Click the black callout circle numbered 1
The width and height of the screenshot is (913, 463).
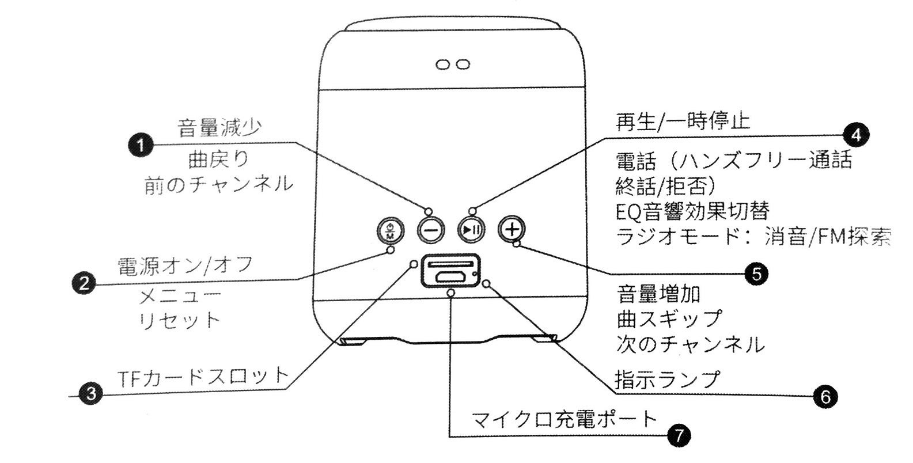[x=141, y=146]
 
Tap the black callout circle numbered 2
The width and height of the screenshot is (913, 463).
[x=84, y=283]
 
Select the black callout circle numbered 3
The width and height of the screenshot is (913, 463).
[x=91, y=394]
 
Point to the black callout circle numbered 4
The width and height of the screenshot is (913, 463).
[x=856, y=135]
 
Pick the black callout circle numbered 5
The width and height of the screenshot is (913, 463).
[x=756, y=274]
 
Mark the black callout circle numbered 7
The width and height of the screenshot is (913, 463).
[x=679, y=436]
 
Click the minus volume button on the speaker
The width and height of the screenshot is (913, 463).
[x=431, y=230]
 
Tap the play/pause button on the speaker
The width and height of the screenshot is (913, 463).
[x=471, y=230]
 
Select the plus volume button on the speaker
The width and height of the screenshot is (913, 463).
[x=512, y=229]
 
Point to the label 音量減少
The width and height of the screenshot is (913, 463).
[x=219, y=128]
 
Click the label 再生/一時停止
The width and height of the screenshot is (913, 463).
[x=683, y=122]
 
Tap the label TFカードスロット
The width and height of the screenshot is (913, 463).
[x=203, y=377]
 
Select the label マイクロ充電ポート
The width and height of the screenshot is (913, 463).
[x=564, y=419]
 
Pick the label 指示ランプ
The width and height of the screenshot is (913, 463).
[x=667, y=379]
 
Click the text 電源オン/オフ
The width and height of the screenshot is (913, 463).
[x=185, y=266]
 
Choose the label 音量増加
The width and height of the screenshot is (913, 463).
[x=658, y=294]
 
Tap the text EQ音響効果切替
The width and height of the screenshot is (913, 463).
[x=692, y=211]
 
